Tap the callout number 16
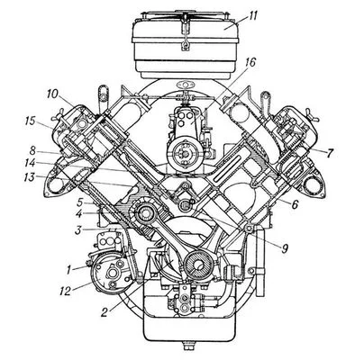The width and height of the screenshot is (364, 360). tap(250, 63)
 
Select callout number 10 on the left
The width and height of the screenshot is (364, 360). tap(52, 94)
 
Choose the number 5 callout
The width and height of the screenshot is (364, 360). tap(79, 202)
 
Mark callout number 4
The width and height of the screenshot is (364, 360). tap(78, 215)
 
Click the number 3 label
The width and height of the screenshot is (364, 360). tap(78, 230)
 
